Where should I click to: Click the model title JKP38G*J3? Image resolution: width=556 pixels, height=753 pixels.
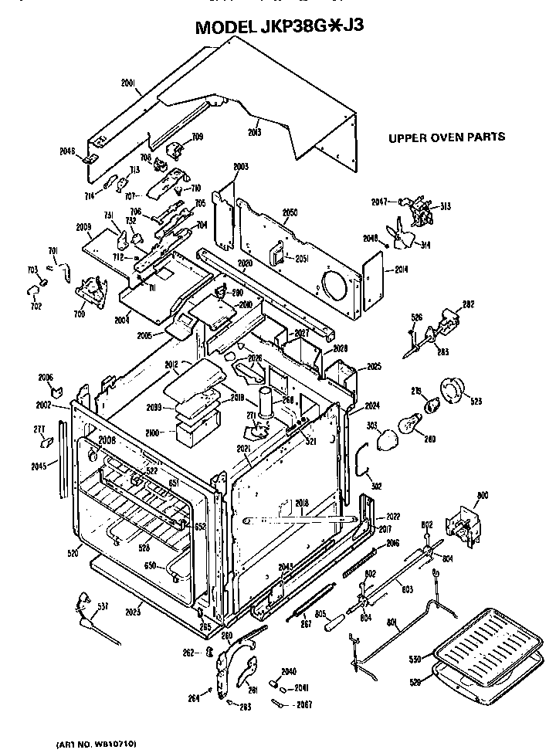click(279, 26)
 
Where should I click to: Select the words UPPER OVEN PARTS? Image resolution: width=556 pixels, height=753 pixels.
click(446, 137)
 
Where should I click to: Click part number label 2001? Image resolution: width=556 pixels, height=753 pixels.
click(129, 83)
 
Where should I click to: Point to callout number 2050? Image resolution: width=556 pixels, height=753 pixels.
click(290, 212)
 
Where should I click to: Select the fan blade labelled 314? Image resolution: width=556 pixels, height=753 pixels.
click(403, 237)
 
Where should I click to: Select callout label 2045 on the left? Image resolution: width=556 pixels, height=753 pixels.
click(39, 466)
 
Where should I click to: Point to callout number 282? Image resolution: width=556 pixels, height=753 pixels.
click(468, 305)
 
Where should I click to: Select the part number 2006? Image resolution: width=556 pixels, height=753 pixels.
click(46, 377)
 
